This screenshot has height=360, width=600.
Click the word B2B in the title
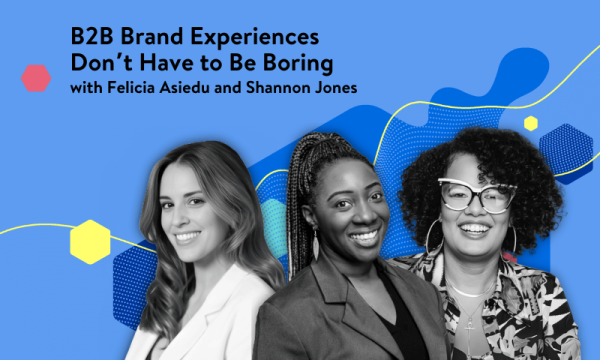93,36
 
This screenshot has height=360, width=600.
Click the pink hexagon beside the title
36,77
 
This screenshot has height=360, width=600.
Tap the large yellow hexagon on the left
90,241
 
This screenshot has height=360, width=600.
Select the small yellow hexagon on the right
530,123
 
